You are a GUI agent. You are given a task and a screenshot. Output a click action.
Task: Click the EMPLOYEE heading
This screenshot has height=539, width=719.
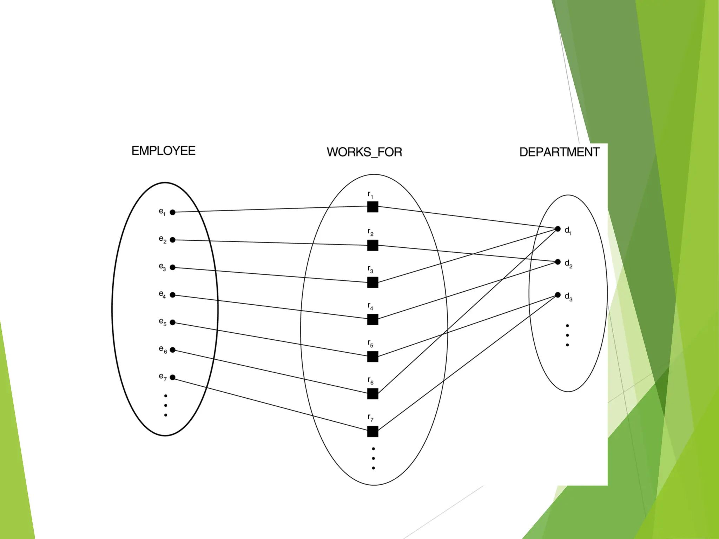click(x=163, y=151)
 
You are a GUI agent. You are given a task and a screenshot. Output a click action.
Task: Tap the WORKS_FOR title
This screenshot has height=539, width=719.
click(x=364, y=152)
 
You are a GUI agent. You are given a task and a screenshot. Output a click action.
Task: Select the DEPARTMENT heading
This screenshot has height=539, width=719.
click(x=559, y=152)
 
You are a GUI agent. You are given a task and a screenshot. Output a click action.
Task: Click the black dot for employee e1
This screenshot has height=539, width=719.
click(x=173, y=212)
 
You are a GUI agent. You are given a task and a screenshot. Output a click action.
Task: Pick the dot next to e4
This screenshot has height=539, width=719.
click(x=173, y=295)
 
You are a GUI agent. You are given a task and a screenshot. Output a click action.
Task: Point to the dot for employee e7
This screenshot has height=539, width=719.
click(x=173, y=378)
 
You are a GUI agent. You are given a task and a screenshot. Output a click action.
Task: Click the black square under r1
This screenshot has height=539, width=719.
click(x=372, y=207)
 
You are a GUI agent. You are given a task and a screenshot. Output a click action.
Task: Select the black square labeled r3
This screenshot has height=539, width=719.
click(x=372, y=282)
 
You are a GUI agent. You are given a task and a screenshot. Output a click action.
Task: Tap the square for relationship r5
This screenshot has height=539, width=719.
click(x=372, y=357)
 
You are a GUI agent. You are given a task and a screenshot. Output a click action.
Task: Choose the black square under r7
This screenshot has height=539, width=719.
click(x=372, y=431)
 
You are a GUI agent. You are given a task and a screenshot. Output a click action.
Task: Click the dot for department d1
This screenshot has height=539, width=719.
click(x=558, y=229)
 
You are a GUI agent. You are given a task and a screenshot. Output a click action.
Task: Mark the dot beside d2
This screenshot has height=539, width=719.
click(x=558, y=262)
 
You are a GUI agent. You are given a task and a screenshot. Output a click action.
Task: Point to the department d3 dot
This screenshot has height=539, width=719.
click(x=558, y=295)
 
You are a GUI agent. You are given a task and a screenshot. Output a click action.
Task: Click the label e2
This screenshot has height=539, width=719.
click(x=163, y=239)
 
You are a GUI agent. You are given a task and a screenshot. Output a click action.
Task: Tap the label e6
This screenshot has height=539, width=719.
click(x=163, y=349)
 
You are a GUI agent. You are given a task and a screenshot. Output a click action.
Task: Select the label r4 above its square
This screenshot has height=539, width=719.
click(x=370, y=306)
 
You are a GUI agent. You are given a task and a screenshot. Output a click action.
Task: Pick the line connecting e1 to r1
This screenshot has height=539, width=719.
click(x=270, y=209)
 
